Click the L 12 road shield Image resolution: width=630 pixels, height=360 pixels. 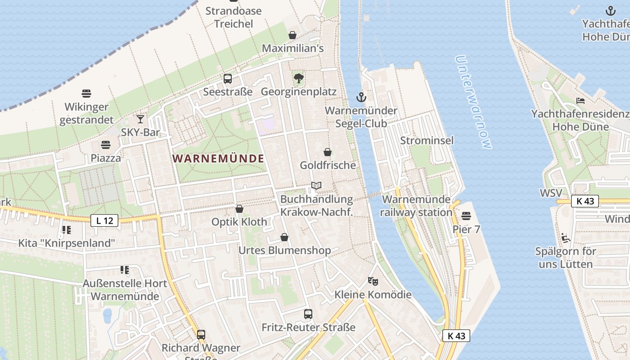(104, 220)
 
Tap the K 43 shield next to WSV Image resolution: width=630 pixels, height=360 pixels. (585, 201)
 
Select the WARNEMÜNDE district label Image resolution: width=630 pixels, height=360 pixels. (218, 159)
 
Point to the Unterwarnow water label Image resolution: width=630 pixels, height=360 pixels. (473, 102)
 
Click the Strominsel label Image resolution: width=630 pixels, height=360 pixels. (427, 140)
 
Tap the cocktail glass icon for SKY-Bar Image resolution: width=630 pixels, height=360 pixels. (140, 119)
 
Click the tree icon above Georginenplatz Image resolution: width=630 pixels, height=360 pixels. (298, 79)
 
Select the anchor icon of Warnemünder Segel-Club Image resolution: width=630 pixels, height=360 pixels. (361, 97)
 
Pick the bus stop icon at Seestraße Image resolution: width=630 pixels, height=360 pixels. (228, 79)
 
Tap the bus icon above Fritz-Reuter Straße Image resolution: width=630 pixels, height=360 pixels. (308, 314)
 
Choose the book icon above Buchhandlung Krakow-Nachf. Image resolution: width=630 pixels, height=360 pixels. (316, 185)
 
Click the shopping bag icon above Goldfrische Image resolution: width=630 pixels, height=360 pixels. (328, 152)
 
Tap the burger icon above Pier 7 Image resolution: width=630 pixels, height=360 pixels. (466, 216)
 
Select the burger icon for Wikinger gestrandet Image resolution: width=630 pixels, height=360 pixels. (87, 94)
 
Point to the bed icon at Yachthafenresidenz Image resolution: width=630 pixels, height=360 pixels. (580, 101)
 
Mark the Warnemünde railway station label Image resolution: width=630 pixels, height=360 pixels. (416, 206)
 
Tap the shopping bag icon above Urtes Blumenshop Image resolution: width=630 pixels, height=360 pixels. (284, 237)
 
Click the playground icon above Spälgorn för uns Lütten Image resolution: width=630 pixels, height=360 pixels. (566, 238)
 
